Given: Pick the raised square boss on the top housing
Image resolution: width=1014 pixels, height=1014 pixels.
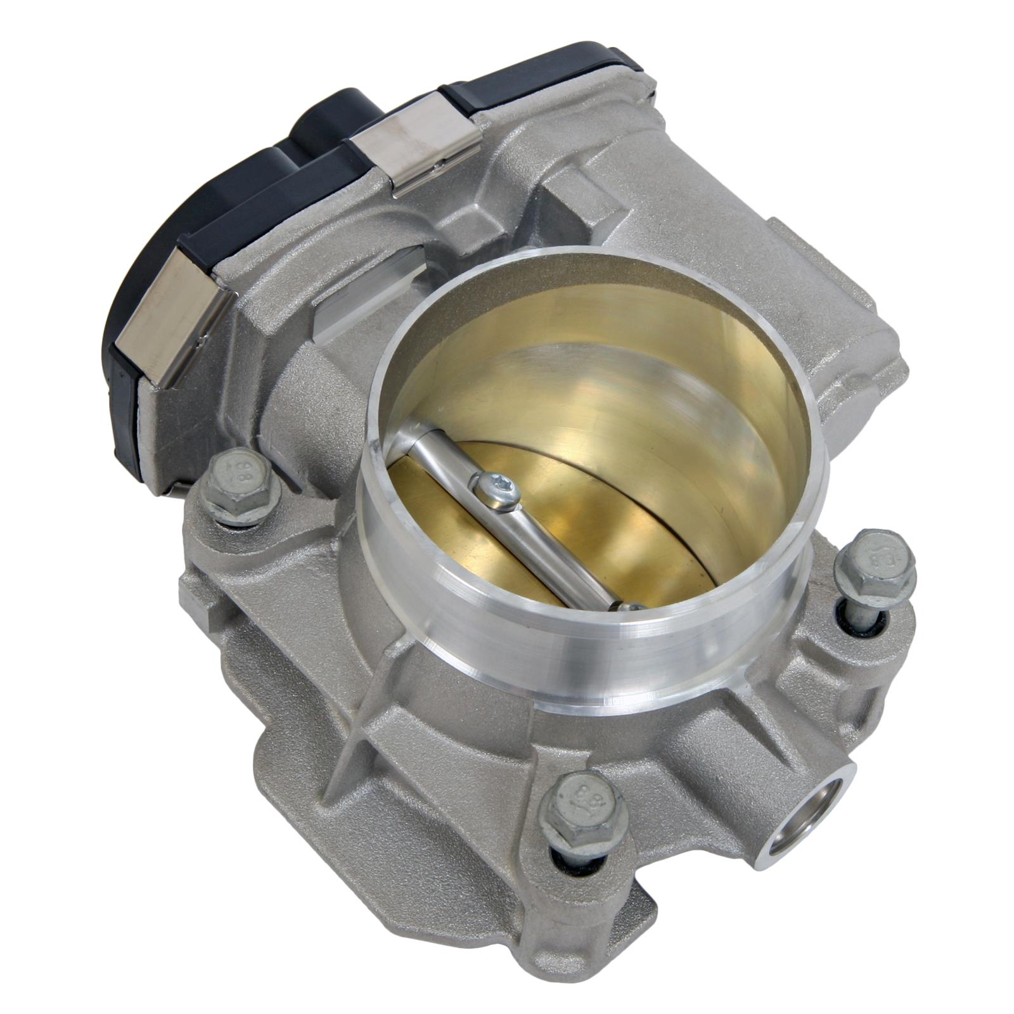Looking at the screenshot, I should click(570, 203).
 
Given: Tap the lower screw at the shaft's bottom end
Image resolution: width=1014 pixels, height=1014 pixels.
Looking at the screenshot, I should click(627, 607).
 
